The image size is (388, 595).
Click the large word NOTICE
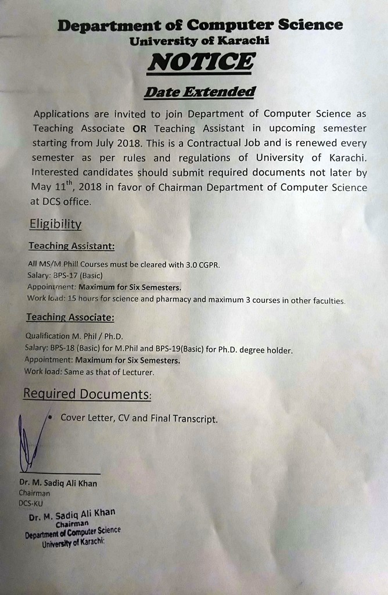[x=200, y=62]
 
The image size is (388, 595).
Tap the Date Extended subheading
[x=199, y=92]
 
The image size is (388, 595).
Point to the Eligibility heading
[x=55, y=224]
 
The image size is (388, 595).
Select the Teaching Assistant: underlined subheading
[x=71, y=246]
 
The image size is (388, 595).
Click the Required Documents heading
[x=87, y=395]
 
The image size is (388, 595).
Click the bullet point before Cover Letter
[x=52, y=417]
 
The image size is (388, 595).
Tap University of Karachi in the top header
[x=199, y=41]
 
